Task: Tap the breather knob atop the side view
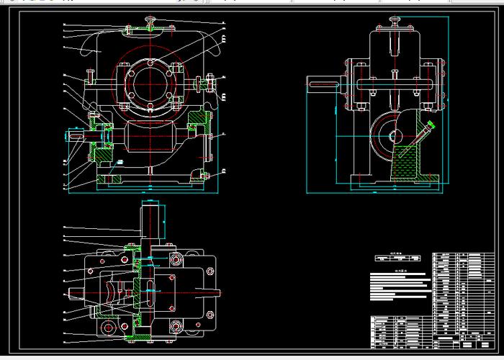coord(395,19)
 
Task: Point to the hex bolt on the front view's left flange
coord(89,74)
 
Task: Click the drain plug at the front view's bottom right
coord(204,175)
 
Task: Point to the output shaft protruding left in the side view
coord(323,86)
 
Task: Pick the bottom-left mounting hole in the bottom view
coord(109,328)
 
